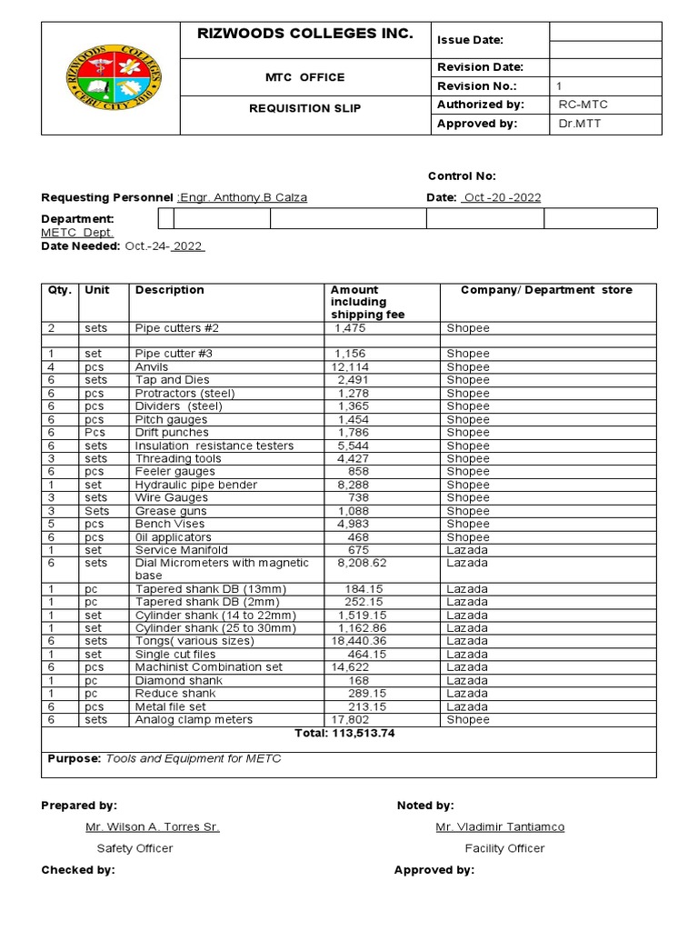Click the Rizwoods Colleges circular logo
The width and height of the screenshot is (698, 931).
[x=112, y=77]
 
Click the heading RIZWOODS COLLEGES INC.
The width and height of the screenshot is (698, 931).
[x=305, y=35]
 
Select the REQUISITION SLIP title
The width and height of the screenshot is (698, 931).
[x=305, y=108]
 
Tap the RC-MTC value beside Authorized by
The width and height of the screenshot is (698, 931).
[x=583, y=105]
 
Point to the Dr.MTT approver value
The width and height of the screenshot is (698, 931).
[x=580, y=124]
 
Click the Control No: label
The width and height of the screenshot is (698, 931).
[x=462, y=176]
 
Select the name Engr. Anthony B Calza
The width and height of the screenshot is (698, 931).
[x=243, y=198]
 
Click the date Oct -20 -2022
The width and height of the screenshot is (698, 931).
[x=501, y=198]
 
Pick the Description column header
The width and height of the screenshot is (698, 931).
[x=170, y=290]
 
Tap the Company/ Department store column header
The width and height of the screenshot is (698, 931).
[x=546, y=290]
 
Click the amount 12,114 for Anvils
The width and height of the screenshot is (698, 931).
[x=350, y=367]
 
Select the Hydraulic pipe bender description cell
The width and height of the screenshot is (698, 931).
[x=196, y=486]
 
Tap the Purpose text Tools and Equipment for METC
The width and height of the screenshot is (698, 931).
[x=194, y=758]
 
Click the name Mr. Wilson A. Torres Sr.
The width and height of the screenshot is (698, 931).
[x=152, y=827]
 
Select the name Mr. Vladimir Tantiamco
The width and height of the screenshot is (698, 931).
[x=500, y=827]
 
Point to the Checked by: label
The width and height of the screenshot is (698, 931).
[x=78, y=870]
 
